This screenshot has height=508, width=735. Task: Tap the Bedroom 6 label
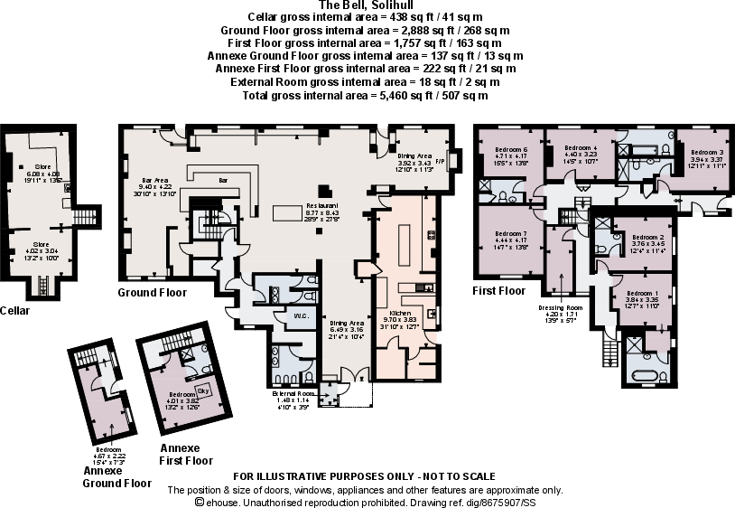pyautogui.click(x=510, y=149)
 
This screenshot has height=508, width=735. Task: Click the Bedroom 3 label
pyautogui.click(x=702, y=153)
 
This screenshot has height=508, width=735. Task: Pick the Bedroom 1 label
pyautogui.click(x=642, y=294)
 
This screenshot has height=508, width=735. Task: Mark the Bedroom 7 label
pyautogui.click(x=510, y=233)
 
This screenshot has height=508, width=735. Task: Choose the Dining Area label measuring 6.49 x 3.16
pyautogui.click(x=346, y=323)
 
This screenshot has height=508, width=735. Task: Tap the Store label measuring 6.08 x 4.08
pyautogui.click(x=42, y=167)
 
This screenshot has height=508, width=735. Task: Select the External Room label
pyautogui.click(x=293, y=394)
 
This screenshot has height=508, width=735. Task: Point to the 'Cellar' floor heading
pyautogui.click(x=16, y=311)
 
